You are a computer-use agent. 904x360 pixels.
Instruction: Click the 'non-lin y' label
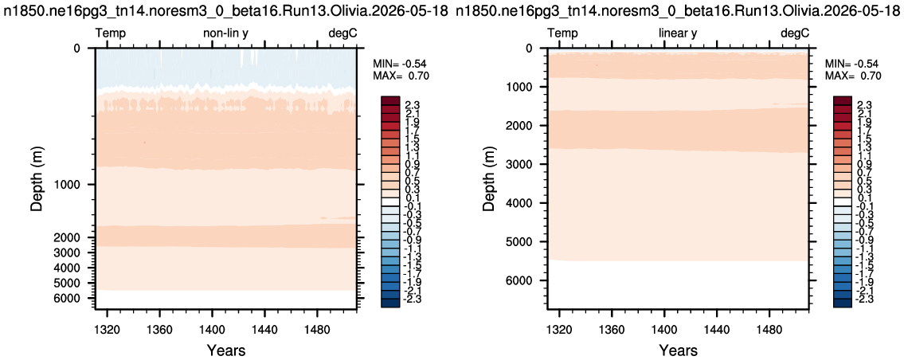[225, 34]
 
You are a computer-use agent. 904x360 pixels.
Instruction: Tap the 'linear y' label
[678, 34]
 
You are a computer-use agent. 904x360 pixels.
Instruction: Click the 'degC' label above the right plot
[795, 34]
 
